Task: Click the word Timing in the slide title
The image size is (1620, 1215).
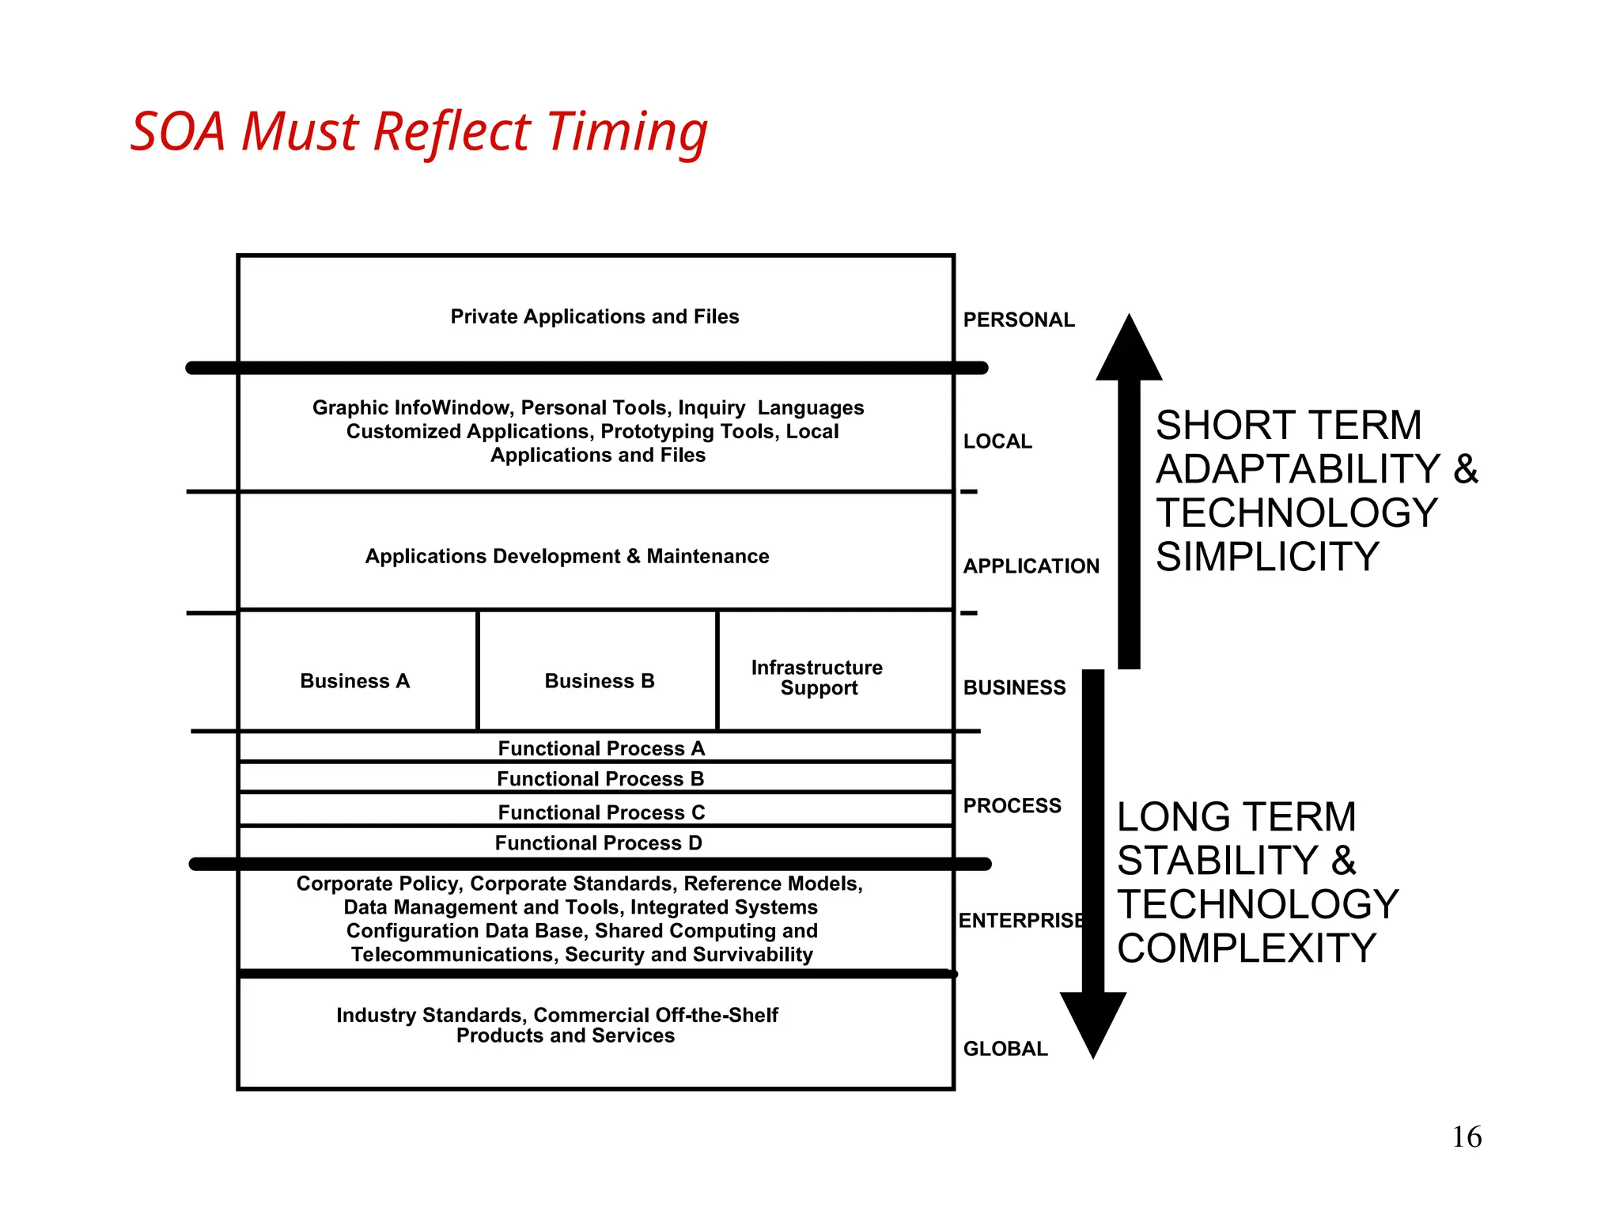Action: (626, 132)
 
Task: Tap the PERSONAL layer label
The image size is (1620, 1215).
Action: (1019, 320)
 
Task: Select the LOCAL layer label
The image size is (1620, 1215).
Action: (997, 441)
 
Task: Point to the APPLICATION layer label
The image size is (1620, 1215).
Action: (1031, 566)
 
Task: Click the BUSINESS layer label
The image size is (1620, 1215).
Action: (1014, 687)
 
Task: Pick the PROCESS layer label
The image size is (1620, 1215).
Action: (1012, 806)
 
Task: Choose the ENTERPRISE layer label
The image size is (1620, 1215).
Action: (1020, 921)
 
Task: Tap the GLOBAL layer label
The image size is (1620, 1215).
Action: (1005, 1049)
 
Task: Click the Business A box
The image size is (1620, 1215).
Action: (355, 681)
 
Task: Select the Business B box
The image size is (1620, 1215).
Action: (600, 681)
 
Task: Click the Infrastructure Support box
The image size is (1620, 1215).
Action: (818, 678)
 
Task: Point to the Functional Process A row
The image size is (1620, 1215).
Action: (601, 748)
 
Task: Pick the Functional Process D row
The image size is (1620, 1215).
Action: (599, 843)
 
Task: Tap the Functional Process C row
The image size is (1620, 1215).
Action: (601, 812)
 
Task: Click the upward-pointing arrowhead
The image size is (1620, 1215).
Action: (1129, 352)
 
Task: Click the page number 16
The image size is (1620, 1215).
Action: (1467, 1137)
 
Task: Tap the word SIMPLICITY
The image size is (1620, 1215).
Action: (1267, 557)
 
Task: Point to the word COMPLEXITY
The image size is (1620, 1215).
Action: (1247, 948)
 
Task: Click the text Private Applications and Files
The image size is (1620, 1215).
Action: (595, 316)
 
